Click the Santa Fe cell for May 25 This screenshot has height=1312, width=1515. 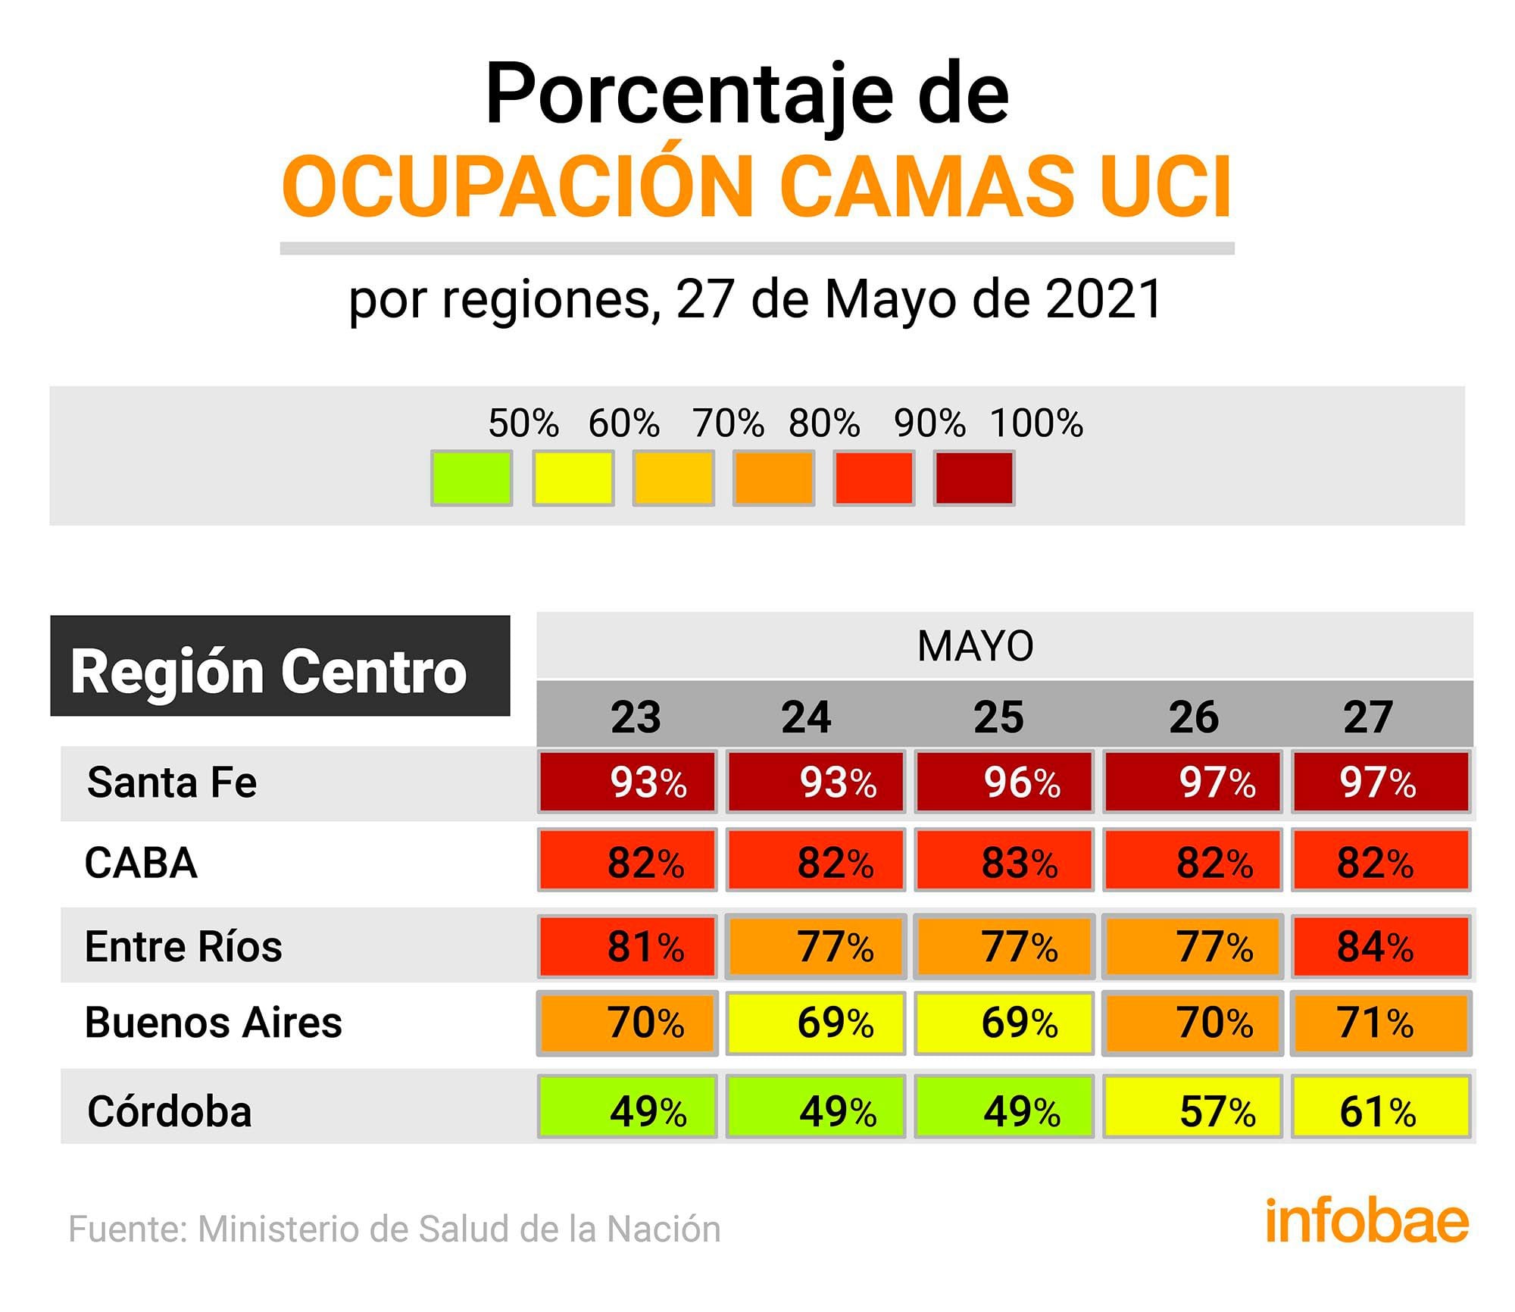tap(1004, 782)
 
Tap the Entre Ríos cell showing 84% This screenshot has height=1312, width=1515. tap(1381, 946)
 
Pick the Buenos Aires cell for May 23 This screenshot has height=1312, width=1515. tap(627, 1023)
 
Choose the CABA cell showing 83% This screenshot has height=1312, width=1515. tap(1004, 862)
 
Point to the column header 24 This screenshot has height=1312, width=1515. tap(806, 717)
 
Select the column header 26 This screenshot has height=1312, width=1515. tap(1194, 717)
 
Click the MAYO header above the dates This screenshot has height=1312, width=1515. tap(975, 646)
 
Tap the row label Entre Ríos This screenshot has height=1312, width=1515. tap(183, 946)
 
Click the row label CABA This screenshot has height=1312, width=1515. tap(141, 863)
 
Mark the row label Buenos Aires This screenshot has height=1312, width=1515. tap(214, 1023)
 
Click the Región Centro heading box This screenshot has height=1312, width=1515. tap(280, 667)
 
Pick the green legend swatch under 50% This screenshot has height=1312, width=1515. tap(471, 478)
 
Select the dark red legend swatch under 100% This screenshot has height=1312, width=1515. tap(974, 478)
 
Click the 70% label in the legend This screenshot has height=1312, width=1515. tap(728, 423)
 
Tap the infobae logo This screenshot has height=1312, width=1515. tap(1366, 1221)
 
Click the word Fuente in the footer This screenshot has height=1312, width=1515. tap(128, 1229)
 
